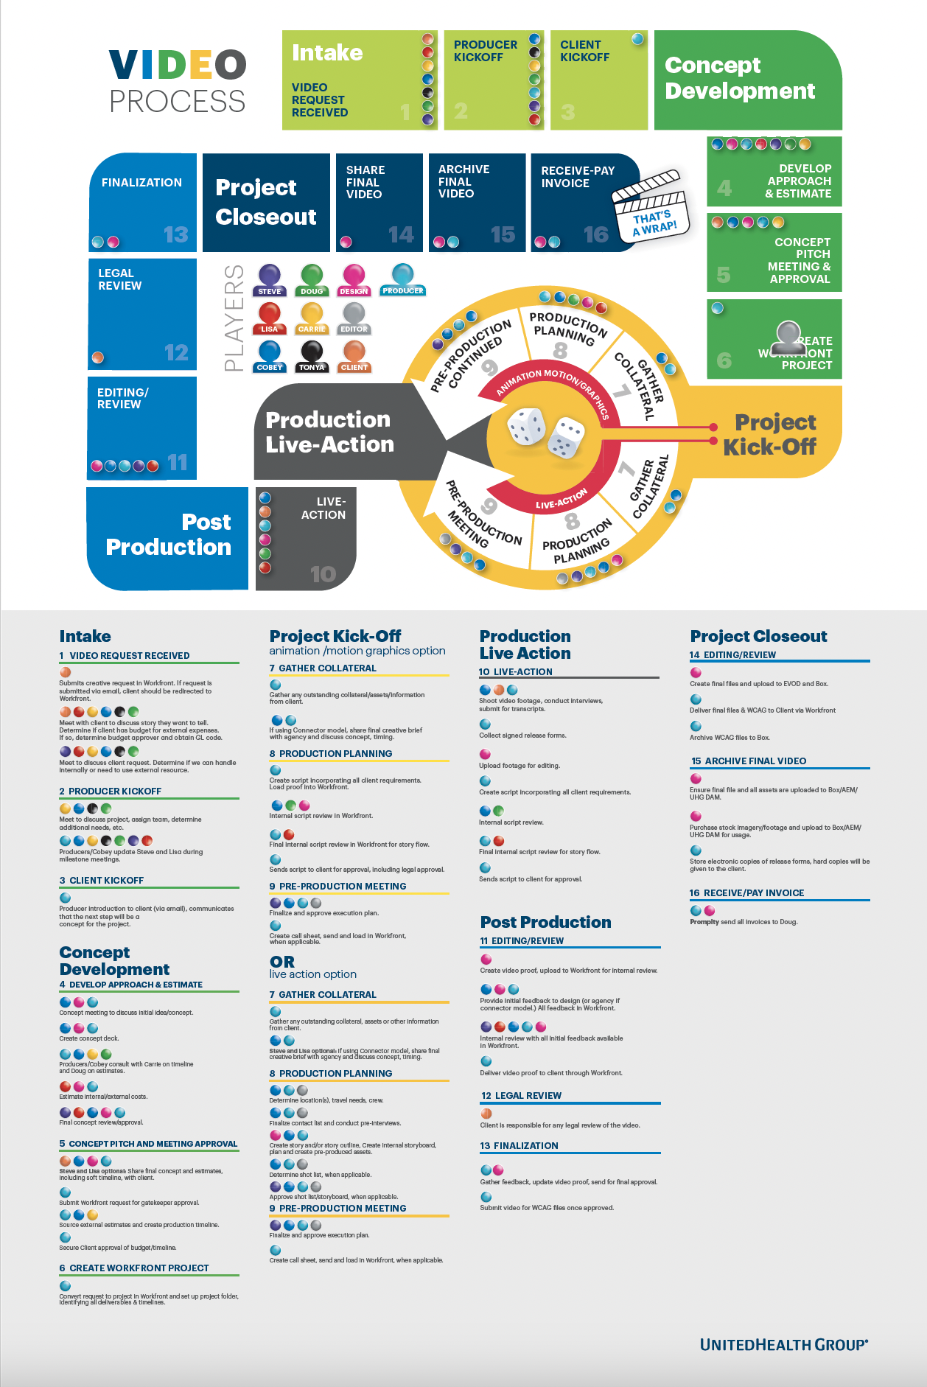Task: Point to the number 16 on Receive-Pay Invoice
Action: [x=596, y=234]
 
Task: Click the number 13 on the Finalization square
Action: [x=175, y=234]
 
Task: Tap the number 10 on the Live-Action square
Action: [x=323, y=573]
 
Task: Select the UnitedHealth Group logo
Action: [x=783, y=1344]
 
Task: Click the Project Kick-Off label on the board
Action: [x=771, y=434]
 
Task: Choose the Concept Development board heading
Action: [x=740, y=78]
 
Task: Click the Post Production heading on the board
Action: [x=169, y=534]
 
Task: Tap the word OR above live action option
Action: [x=282, y=962]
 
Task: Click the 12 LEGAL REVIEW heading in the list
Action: [x=521, y=1095]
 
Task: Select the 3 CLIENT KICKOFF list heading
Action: [x=102, y=880]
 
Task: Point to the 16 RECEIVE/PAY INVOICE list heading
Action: [x=746, y=892]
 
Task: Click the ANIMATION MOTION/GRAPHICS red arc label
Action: [x=552, y=387]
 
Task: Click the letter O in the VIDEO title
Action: [x=231, y=65]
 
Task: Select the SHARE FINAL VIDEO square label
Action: [x=365, y=182]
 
